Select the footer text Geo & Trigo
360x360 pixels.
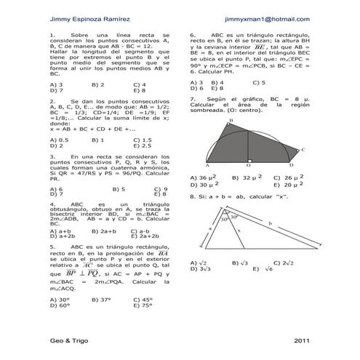(65, 340)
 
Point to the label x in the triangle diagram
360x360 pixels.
(236, 231)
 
